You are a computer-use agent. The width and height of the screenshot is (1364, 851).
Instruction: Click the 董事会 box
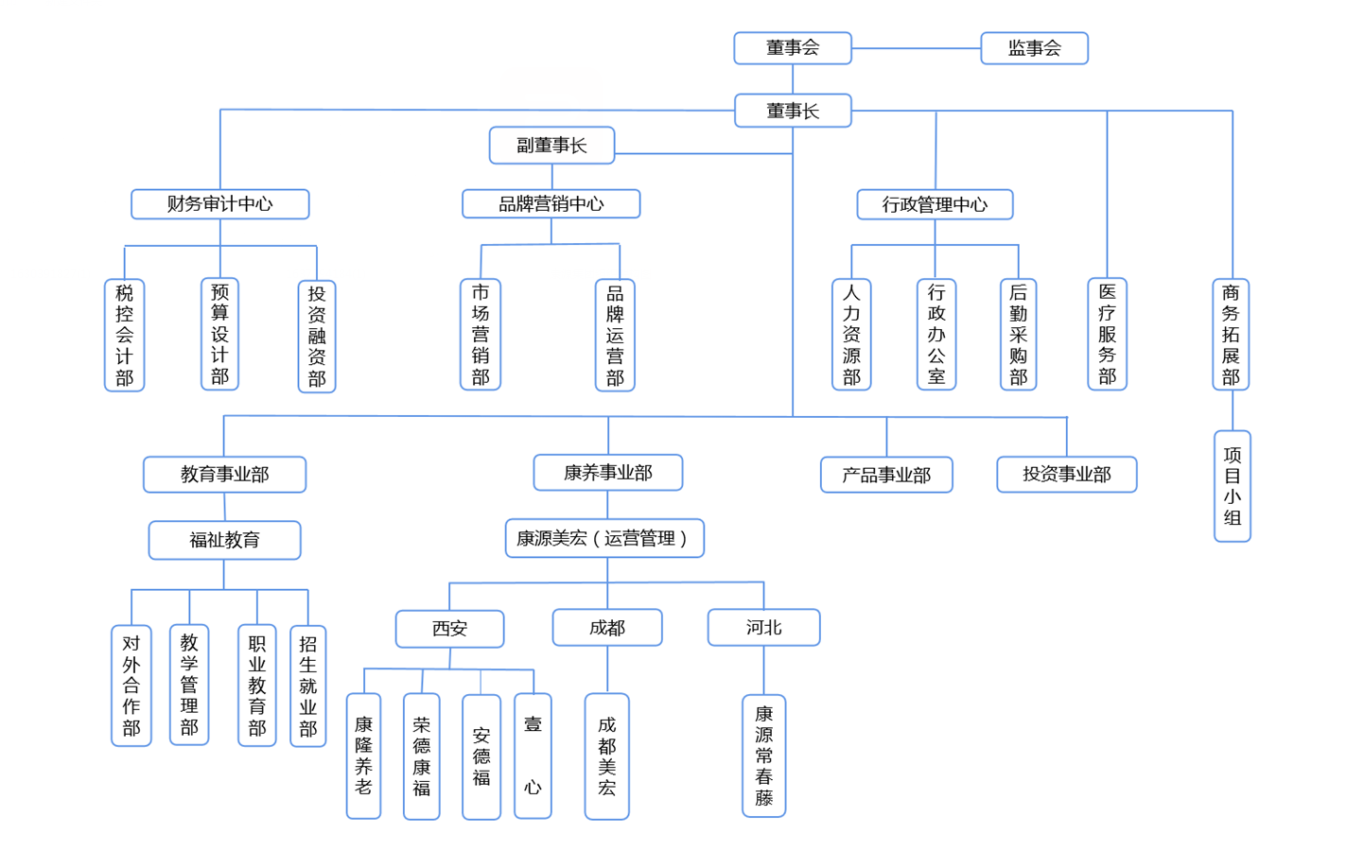792,48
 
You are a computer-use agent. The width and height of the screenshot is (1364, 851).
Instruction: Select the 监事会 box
1034,48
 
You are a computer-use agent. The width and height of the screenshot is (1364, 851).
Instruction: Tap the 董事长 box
792,111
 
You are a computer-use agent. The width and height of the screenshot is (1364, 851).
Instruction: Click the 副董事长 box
551,146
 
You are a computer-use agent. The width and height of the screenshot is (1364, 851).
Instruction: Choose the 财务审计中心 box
219,204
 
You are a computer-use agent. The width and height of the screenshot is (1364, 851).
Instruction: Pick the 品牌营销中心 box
551,204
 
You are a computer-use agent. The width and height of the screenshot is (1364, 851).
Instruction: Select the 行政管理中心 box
935,204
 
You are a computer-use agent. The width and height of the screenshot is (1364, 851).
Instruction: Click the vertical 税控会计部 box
124,335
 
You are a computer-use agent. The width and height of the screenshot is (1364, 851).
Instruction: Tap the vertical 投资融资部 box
316,337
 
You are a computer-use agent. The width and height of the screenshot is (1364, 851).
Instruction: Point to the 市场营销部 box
481,335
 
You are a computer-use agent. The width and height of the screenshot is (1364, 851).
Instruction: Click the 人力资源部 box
851,335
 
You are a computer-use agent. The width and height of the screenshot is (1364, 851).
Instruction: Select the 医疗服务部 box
1107,335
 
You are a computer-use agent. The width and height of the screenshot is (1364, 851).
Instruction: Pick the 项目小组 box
1232,486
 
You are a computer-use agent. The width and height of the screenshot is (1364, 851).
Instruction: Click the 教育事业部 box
224,475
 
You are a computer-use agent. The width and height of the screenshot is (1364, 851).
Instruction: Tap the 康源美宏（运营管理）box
604,538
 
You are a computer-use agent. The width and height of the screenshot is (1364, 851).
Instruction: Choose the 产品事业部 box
886,475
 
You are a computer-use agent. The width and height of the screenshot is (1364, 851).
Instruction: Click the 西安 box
449,629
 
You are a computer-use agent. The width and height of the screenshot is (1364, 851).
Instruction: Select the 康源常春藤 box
763,756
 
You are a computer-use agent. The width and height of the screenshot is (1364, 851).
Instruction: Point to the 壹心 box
533,755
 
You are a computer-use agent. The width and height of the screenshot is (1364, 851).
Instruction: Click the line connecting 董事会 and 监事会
916,48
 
